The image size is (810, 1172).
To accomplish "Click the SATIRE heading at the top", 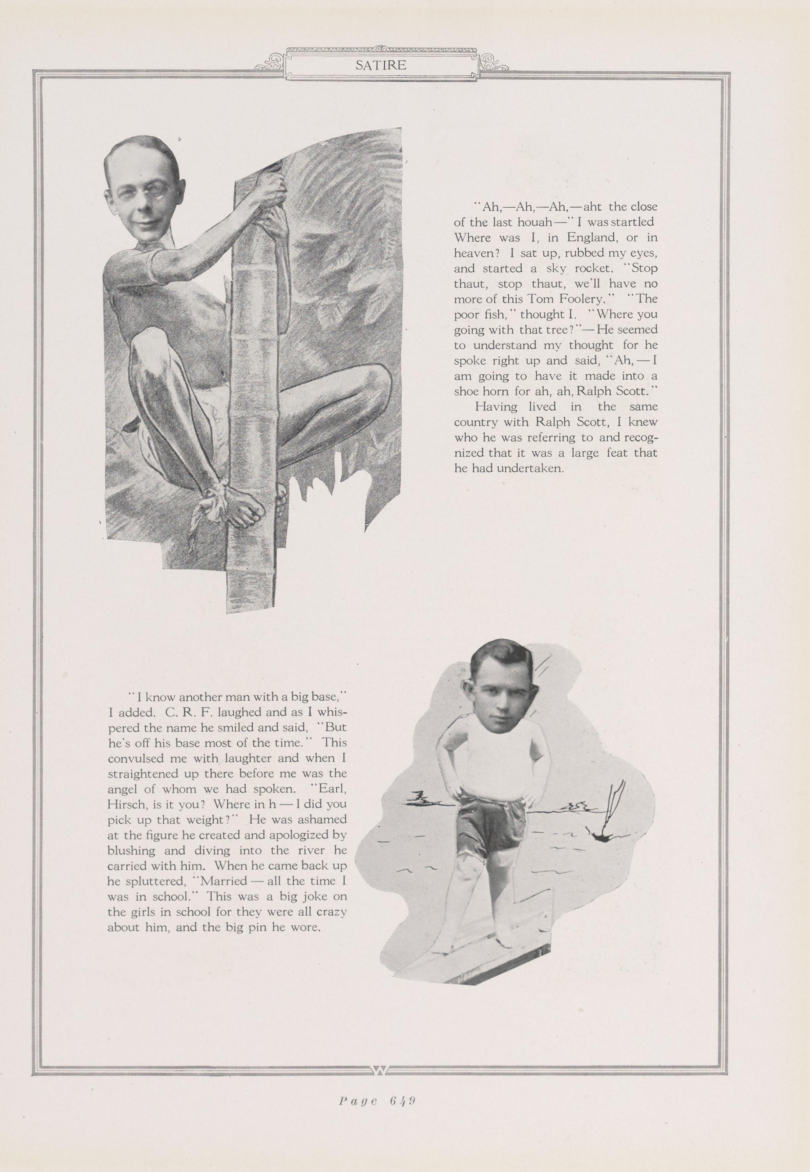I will point(381,65).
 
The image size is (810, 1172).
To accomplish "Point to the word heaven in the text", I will point(470,253).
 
